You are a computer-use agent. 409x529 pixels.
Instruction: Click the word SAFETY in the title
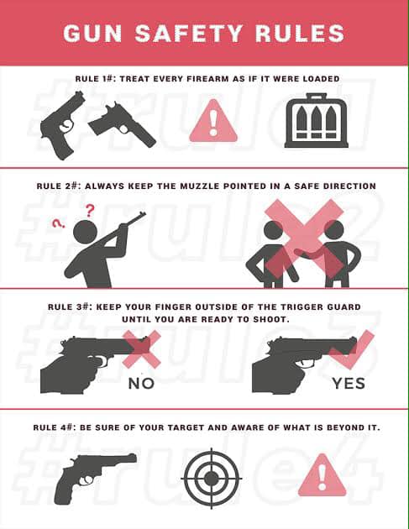pyautogui.click(x=189, y=33)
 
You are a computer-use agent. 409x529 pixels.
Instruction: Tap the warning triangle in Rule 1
pyautogui.click(x=213, y=122)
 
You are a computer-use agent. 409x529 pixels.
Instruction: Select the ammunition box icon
pyautogui.click(x=317, y=121)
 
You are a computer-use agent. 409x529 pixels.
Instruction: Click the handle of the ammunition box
pyautogui.click(x=317, y=97)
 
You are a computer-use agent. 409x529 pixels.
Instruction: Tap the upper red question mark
pyautogui.click(x=89, y=210)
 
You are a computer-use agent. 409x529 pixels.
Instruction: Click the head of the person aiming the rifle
pyautogui.click(x=86, y=232)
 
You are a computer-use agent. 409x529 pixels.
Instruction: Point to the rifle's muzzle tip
pyautogui.click(x=144, y=213)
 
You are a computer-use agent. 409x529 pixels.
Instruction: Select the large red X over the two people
pyautogui.click(x=304, y=238)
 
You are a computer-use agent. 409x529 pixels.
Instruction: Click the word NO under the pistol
pyautogui.click(x=141, y=383)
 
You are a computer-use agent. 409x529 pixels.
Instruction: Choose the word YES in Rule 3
pyautogui.click(x=349, y=383)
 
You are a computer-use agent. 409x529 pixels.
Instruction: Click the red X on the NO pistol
pyautogui.click(x=142, y=348)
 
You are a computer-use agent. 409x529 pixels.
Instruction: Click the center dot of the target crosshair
pyautogui.click(x=212, y=478)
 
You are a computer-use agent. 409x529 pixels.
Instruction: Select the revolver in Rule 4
pyautogui.click(x=95, y=478)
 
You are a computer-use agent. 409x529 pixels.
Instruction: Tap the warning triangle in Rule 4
pyautogui.click(x=322, y=476)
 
